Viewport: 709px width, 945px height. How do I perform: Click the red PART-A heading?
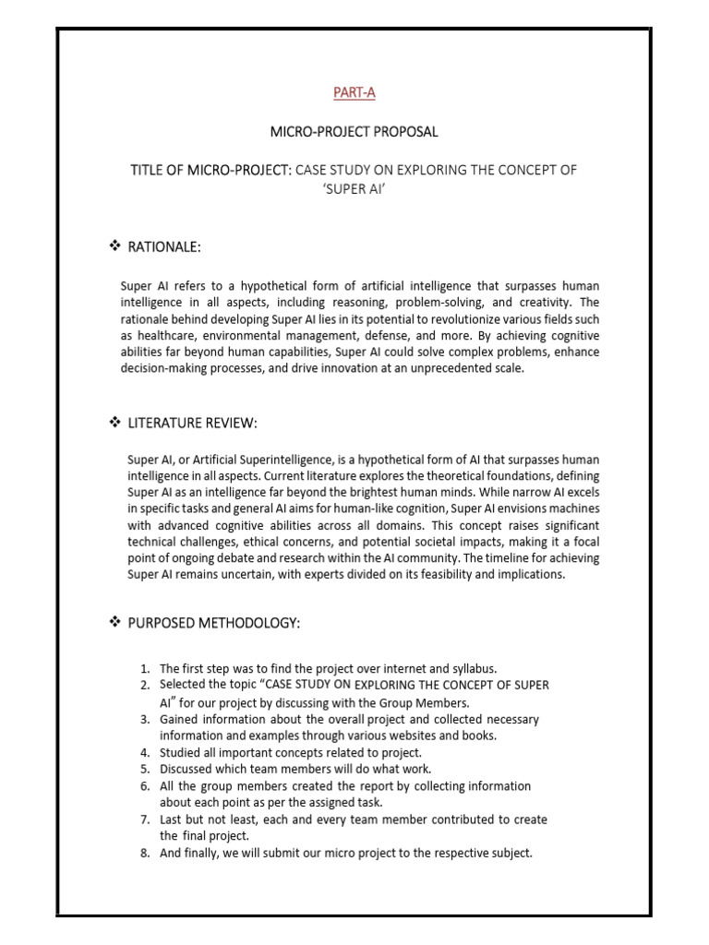[354, 92]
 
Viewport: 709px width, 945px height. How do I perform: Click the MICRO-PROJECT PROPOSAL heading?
[354, 132]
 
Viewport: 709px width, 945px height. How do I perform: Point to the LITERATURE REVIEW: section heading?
[197, 423]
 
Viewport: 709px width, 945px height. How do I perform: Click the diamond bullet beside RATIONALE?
[115, 246]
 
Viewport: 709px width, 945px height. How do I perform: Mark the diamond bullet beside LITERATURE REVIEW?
[115, 423]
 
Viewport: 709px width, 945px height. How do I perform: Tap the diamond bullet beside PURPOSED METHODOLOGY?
[115, 624]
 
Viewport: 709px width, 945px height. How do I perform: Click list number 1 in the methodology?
[145, 668]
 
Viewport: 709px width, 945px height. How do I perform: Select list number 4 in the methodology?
[145, 752]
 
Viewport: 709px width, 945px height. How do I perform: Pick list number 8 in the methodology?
[145, 853]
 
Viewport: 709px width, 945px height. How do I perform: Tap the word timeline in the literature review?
[475, 559]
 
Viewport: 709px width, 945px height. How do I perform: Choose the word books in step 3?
[482, 736]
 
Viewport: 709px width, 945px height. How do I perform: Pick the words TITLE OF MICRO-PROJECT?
[213, 171]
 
